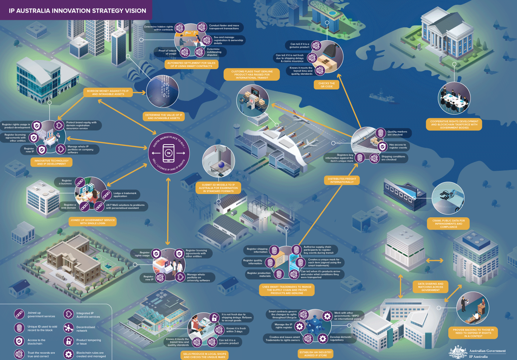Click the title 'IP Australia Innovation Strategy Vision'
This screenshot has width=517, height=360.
coord(77,11)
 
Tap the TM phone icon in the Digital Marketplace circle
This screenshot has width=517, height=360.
coord(168,153)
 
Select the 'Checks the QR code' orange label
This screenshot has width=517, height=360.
coord(326,85)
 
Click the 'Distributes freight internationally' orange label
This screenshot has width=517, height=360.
coord(342,180)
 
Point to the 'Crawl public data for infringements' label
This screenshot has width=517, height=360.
coord(448,224)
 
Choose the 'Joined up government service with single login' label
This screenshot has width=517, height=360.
coord(93,222)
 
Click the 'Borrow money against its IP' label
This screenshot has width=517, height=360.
coord(108,92)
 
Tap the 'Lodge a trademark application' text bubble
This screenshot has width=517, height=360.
coord(125,194)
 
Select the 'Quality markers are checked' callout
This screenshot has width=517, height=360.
coord(397,133)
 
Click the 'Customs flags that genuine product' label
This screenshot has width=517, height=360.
coord(252,74)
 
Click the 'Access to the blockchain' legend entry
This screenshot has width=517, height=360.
coord(36,342)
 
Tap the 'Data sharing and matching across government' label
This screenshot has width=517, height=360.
coord(430,287)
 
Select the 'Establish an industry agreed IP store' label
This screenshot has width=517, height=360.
coord(315,354)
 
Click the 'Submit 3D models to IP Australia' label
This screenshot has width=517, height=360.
coord(218,188)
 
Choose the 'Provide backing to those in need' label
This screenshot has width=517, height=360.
coord(473,333)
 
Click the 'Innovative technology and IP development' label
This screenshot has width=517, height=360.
coord(51,162)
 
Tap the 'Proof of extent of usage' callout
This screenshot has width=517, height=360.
coord(167,52)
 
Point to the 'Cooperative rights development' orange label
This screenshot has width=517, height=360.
coord(454,124)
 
